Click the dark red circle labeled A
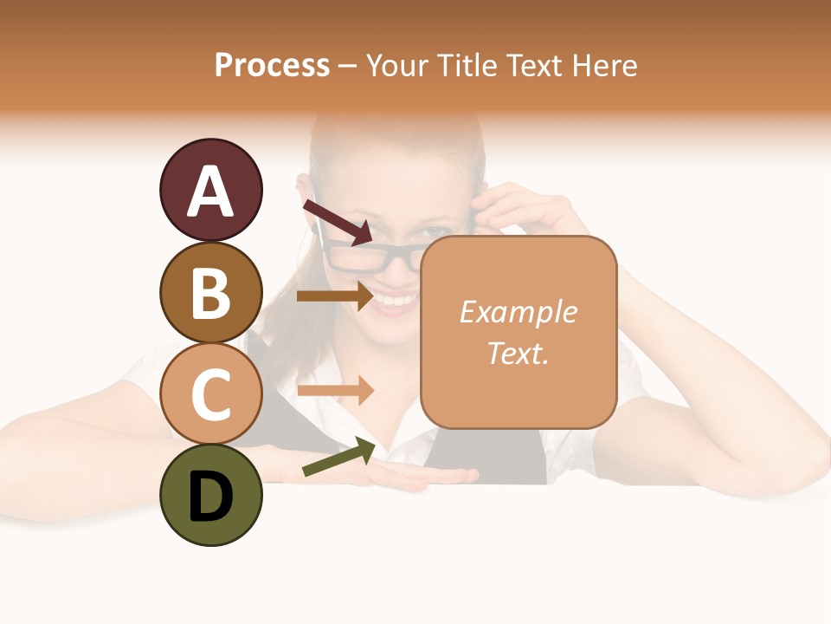pos(210,190)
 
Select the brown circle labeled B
pos(210,292)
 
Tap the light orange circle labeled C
pos(210,393)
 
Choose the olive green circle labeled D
pos(210,495)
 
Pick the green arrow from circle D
pos(338,458)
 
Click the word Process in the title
pos(272,65)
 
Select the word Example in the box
pos(518,312)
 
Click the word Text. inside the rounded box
pos(518,353)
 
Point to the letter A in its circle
pos(210,192)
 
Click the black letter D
pos(210,497)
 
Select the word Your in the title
pos(396,65)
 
